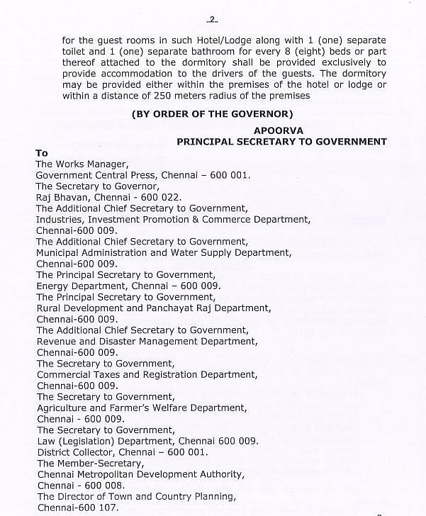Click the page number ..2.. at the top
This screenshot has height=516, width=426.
click(x=211, y=18)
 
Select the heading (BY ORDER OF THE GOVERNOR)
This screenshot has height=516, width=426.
click(x=212, y=114)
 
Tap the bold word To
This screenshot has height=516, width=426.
click(x=42, y=153)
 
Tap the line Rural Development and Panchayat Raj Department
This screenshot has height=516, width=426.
click(x=153, y=308)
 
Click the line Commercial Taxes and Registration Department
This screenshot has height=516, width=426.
click(x=147, y=374)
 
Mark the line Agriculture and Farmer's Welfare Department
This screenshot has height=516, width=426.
click(x=142, y=408)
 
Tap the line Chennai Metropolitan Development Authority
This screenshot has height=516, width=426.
click(x=140, y=474)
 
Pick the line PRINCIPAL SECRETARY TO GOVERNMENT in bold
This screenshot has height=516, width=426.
click(x=281, y=142)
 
